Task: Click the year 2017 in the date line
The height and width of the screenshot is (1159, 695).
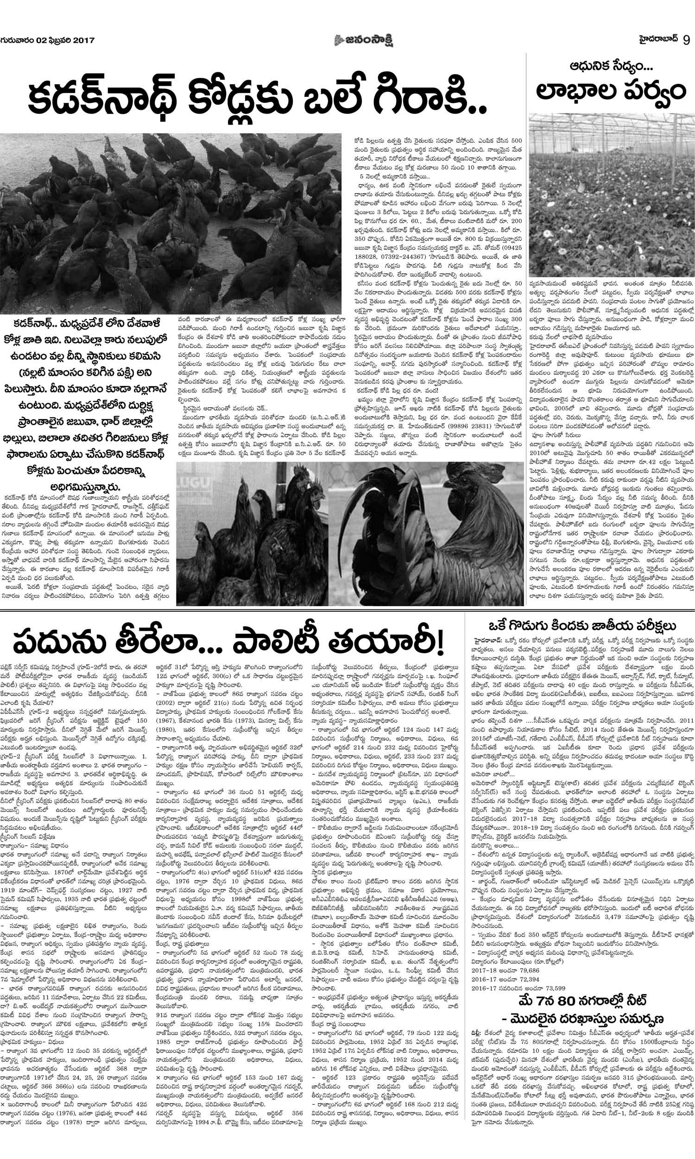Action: point(83,40)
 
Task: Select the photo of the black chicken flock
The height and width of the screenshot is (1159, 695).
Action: point(171,223)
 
